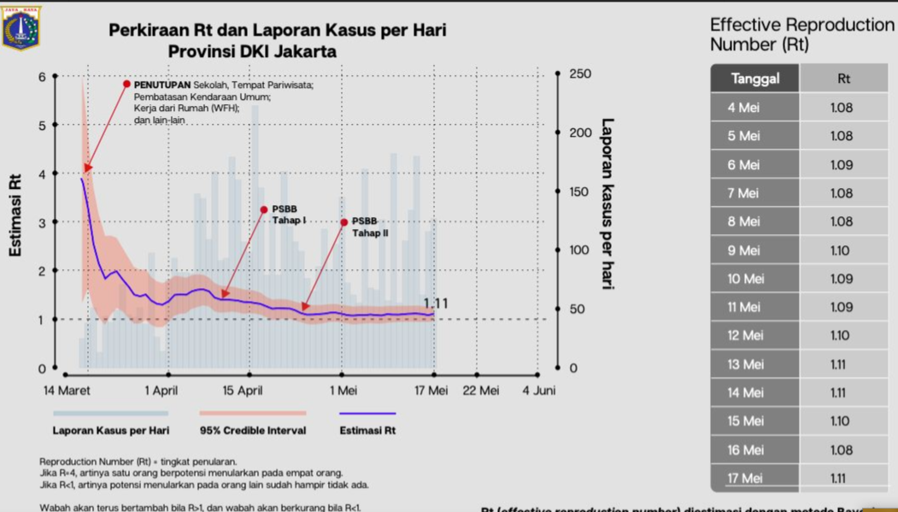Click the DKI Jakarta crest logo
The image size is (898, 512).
click(x=21, y=27)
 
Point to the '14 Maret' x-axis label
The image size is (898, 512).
click(x=67, y=391)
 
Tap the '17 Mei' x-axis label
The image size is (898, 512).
click(x=431, y=391)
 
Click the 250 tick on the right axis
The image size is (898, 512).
click(x=579, y=74)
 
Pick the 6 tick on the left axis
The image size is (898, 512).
click(x=42, y=77)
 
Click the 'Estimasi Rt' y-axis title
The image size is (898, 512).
click(x=15, y=215)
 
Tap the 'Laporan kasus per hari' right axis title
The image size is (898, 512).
click(x=607, y=203)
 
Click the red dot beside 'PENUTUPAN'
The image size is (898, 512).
click(x=126, y=84)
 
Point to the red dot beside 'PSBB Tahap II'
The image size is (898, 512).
click(x=344, y=222)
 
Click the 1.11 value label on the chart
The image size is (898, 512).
click(x=436, y=303)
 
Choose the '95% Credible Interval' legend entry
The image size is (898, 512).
click(x=253, y=430)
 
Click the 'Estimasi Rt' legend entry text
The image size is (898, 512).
click(x=367, y=430)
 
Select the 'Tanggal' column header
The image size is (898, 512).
click(x=755, y=79)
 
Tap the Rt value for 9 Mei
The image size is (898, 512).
click(x=840, y=250)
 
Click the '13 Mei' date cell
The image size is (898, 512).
click(x=745, y=364)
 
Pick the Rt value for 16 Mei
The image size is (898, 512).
click(x=841, y=450)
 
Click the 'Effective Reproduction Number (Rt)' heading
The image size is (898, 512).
click(x=801, y=34)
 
